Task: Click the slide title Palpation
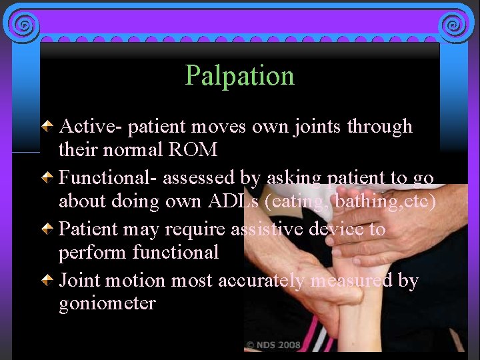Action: coord(239,76)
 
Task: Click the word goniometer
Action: coord(107,304)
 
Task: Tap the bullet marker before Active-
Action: coord(47,126)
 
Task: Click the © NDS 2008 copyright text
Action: coord(273,345)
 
